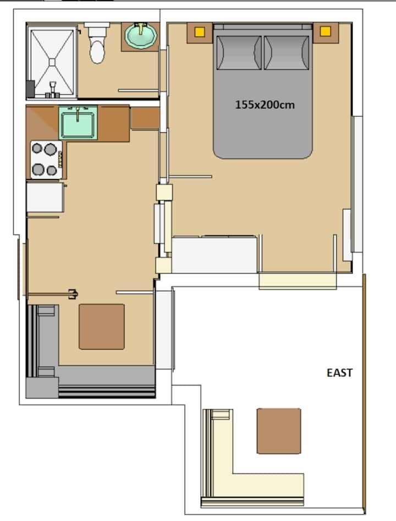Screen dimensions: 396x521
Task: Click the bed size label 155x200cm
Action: click(265, 105)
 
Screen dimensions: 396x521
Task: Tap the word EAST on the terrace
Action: click(339, 373)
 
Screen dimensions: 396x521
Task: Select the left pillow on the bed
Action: click(239, 53)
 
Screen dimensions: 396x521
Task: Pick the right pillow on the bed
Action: click(287, 53)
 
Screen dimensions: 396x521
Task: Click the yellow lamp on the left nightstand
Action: click(200, 32)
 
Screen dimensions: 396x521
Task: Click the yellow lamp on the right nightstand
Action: click(325, 31)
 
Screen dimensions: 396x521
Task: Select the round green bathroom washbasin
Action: click(141, 35)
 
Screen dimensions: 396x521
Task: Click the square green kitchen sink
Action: click(78, 123)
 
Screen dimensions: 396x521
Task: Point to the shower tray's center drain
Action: click(52, 62)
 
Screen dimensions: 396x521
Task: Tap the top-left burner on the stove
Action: click(37, 148)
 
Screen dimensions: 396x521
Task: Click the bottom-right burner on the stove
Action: click(52, 171)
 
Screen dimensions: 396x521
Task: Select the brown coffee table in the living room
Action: click(102, 327)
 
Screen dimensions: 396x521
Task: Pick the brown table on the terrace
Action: click(279, 431)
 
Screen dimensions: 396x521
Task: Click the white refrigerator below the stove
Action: click(45, 197)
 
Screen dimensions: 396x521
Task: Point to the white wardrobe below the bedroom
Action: click(215, 254)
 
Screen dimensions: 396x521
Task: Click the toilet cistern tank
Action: click(97, 25)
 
